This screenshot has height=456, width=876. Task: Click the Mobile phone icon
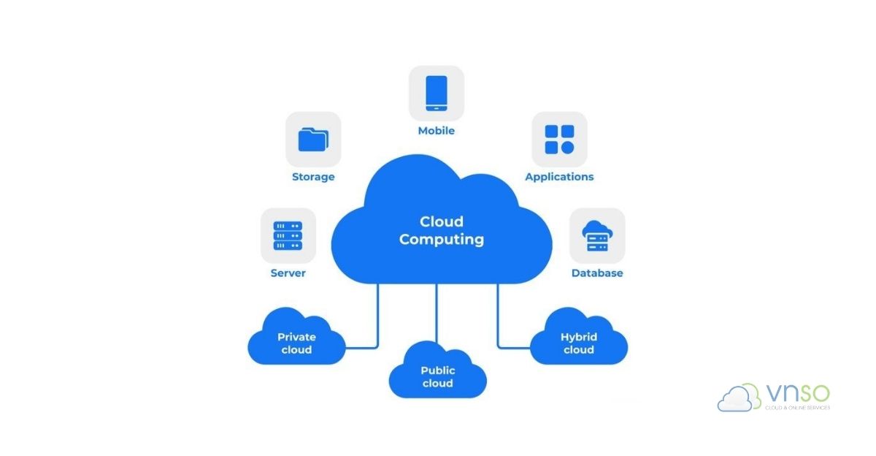437,93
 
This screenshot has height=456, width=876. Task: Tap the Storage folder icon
313,139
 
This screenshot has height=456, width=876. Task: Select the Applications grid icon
559,139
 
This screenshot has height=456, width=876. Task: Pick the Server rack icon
288,235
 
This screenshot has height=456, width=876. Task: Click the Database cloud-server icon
597,235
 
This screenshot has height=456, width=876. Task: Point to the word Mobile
437,131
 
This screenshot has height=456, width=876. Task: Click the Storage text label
313,177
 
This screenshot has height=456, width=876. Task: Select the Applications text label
559,177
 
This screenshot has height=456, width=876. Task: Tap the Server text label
288,273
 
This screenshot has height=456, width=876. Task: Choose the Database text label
597,273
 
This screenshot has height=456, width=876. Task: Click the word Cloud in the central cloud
441,221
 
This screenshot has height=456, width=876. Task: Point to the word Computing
441,239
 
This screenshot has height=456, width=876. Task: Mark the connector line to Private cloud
377,314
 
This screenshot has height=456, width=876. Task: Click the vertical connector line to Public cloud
437,311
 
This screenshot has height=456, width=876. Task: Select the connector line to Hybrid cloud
499,314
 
